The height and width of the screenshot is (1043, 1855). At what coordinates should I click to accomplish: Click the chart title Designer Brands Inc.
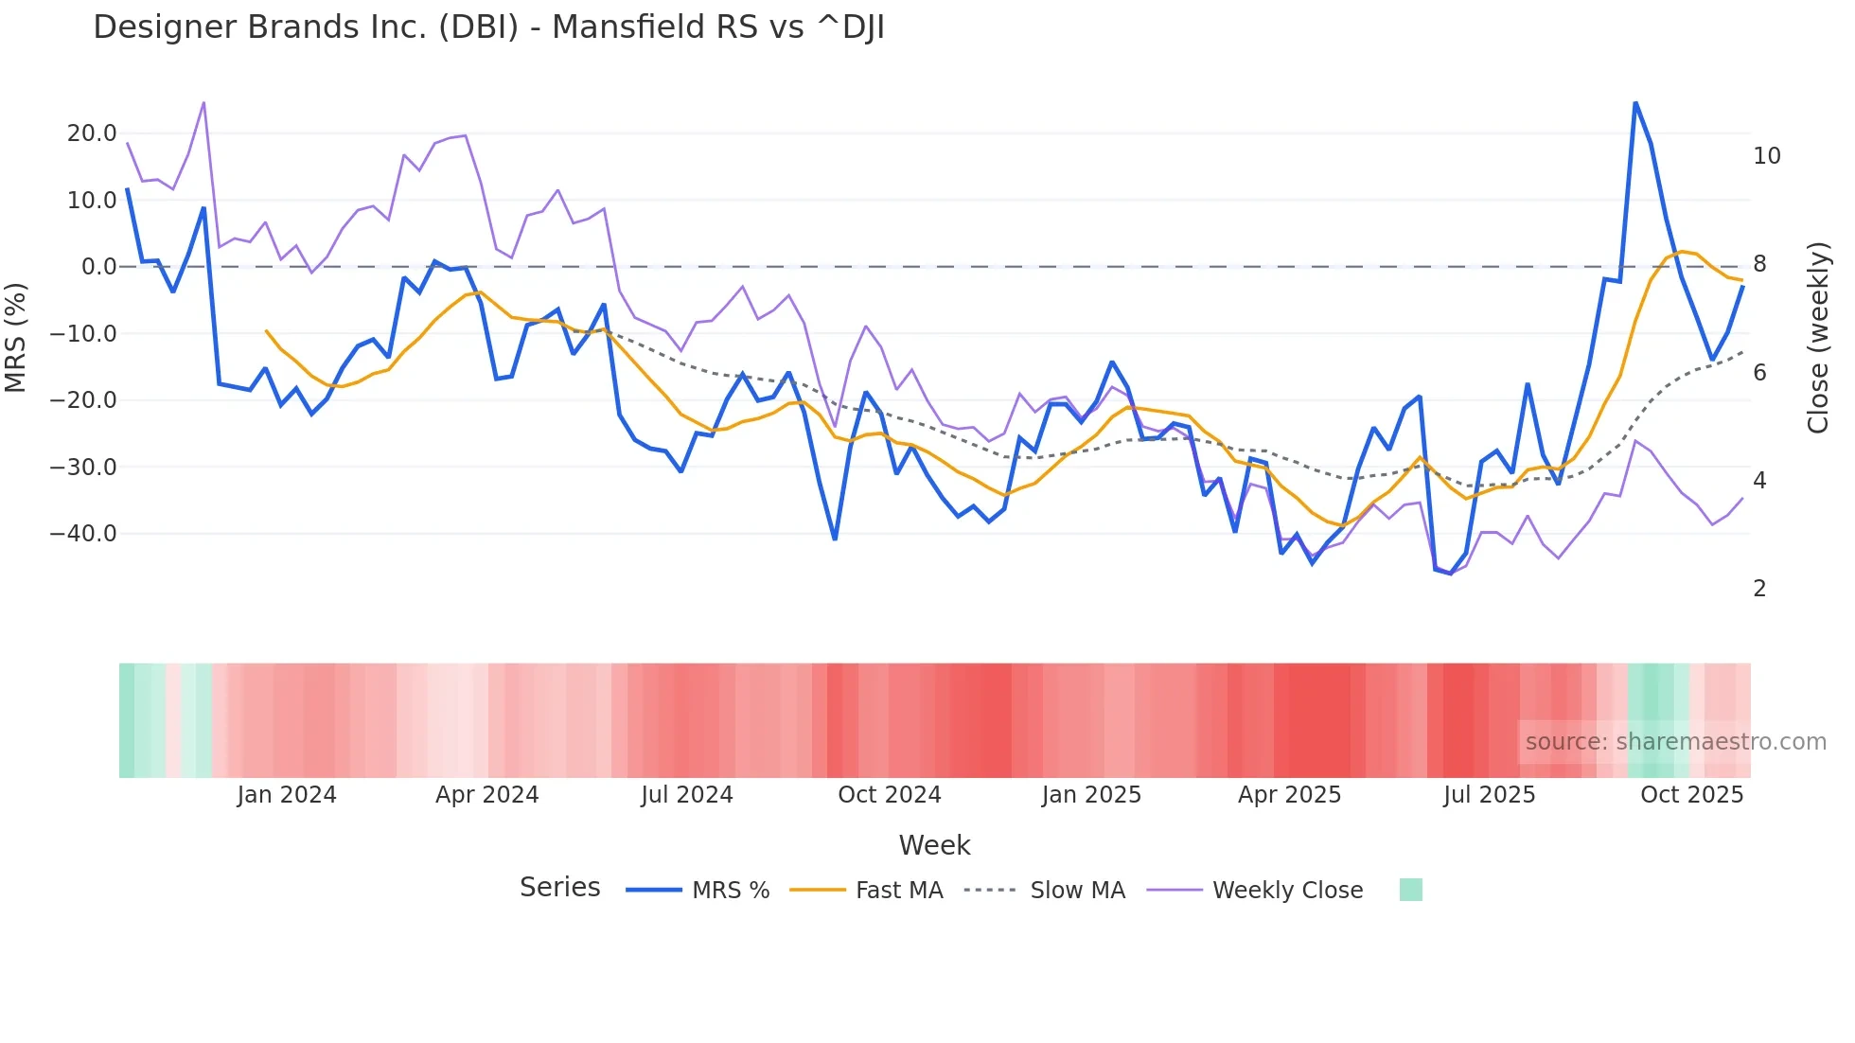tap(488, 27)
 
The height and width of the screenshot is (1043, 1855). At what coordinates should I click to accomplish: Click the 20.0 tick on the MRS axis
tap(92, 133)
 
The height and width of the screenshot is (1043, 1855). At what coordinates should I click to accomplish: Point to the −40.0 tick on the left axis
tap(83, 534)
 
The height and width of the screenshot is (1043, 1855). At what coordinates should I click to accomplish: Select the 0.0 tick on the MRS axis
tap(98, 267)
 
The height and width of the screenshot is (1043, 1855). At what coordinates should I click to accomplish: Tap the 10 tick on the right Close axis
tap(1766, 156)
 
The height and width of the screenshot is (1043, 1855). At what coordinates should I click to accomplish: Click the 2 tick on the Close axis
tap(1759, 589)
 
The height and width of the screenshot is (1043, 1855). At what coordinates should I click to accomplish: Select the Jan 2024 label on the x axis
tap(287, 795)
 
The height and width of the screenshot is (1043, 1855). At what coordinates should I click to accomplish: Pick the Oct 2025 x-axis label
tap(1691, 795)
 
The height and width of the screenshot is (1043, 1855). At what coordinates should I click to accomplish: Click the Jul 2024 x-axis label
tap(687, 795)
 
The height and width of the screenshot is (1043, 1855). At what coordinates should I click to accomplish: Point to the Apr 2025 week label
tap(1289, 795)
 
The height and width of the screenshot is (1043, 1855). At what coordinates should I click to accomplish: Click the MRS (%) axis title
tap(16, 337)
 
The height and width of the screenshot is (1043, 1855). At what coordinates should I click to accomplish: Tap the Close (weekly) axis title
tap(1818, 338)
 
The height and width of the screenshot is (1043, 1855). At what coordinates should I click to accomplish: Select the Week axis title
tap(934, 845)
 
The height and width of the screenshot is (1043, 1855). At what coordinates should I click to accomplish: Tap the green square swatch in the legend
tap(1410, 890)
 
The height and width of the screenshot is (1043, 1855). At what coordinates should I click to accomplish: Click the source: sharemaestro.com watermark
tap(1675, 742)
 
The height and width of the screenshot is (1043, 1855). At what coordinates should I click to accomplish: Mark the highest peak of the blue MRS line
tap(1635, 103)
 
